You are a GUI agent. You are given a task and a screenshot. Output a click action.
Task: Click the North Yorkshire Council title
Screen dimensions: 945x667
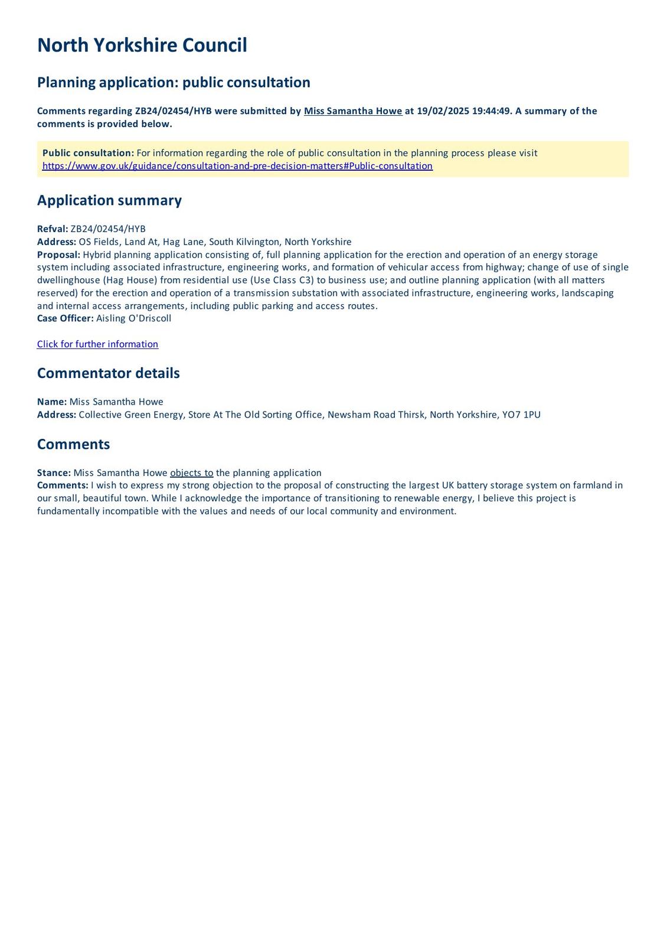tap(142, 45)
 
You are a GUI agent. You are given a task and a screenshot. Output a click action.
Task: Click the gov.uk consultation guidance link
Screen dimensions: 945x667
tap(237, 166)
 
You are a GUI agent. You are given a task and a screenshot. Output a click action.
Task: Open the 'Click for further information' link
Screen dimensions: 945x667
tap(97, 344)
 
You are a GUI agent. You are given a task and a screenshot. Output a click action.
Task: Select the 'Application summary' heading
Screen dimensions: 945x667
tap(109, 200)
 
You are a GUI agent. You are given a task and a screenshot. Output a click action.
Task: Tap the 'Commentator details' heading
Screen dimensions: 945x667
tap(108, 373)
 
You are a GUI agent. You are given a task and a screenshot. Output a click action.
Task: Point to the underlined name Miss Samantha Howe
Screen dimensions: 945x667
tap(353, 111)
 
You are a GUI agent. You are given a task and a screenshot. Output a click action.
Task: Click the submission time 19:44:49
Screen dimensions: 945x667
tap(491, 111)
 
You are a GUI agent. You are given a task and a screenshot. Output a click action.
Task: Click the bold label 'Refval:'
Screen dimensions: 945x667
tap(53, 229)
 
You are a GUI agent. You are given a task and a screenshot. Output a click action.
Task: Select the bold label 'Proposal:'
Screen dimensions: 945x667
tap(58, 255)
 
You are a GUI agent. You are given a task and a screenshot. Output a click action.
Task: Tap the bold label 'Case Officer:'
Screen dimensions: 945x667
tap(65, 318)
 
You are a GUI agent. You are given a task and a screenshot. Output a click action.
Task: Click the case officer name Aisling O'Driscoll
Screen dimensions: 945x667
tap(134, 318)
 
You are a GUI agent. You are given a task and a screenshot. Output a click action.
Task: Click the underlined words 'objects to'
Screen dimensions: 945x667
tap(192, 473)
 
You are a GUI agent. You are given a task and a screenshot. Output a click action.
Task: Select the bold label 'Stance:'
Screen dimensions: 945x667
tap(54, 473)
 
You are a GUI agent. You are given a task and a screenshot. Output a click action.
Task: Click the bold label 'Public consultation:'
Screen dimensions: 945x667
tap(88, 153)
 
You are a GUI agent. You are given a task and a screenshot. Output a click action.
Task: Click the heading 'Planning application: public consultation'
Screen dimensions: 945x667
tap(174, 82)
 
